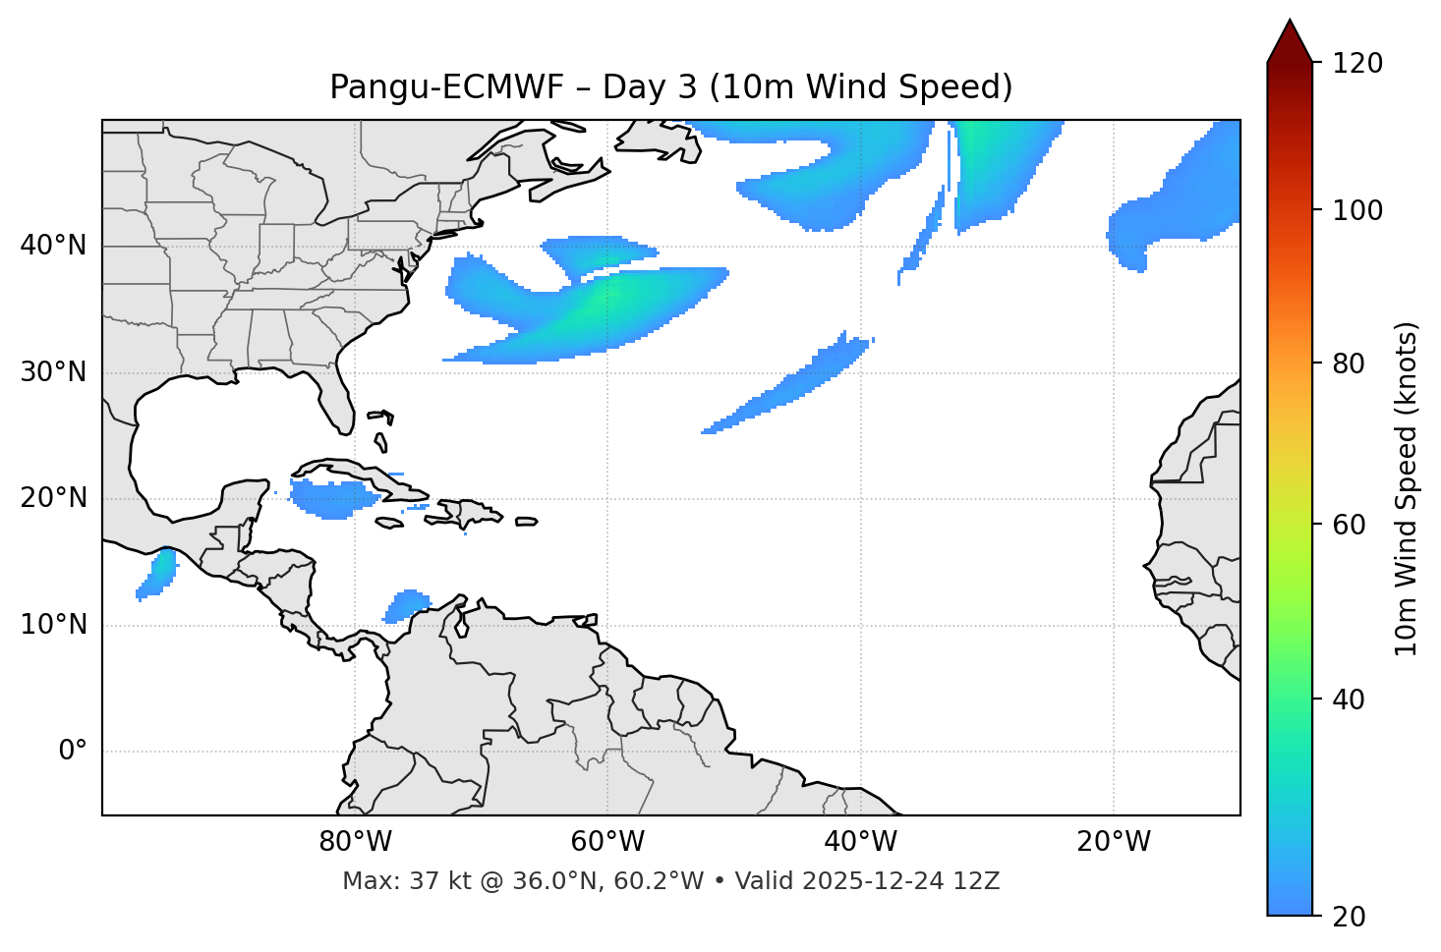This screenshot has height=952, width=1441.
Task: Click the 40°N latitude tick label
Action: [53, 246]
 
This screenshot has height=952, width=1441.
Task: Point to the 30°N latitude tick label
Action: [53, 372]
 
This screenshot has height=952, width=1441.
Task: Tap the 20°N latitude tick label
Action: [53, 498]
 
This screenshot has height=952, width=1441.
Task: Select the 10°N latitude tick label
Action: [53, 625]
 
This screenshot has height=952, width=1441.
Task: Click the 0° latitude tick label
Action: [73, 752]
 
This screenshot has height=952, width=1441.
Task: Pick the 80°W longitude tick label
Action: [355, 842]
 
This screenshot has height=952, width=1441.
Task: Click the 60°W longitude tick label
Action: [607, 842]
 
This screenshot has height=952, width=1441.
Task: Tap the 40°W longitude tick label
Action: [860, 842]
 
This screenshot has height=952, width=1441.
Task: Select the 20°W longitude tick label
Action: [1113, 842]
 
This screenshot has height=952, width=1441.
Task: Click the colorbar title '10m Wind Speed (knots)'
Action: [1407, 489]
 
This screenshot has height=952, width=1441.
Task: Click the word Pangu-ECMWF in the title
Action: [446, 87]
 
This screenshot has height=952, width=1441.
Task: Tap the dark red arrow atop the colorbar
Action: [1290, 42]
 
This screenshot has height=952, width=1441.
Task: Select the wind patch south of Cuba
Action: [334, 499]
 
